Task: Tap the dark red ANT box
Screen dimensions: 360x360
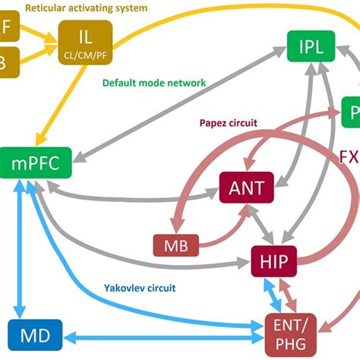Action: [246, 187]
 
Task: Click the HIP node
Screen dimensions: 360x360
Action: [273, 262]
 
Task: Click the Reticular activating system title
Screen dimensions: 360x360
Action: [85, 8]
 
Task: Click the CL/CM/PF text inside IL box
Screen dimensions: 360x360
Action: [84, 55]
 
